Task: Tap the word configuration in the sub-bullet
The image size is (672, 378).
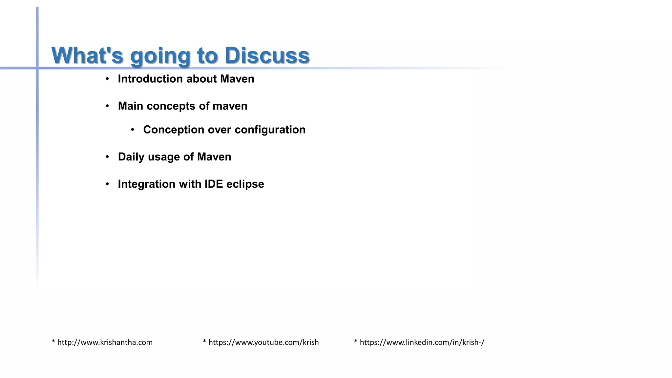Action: point(270,130)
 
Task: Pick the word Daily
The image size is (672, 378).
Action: point(131,157)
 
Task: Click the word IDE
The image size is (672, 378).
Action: point(214,184)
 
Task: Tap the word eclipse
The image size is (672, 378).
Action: point(245,184)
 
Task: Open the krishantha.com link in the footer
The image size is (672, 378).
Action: point(105,343)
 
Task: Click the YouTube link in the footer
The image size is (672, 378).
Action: point(263,343)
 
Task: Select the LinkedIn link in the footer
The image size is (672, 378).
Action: point(422,343)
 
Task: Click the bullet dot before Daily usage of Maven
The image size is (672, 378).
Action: point(107,157)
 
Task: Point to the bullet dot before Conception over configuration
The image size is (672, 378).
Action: point(133,130)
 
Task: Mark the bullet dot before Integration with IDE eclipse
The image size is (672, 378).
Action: point(107,184)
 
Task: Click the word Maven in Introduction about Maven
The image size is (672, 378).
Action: point(237,79)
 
